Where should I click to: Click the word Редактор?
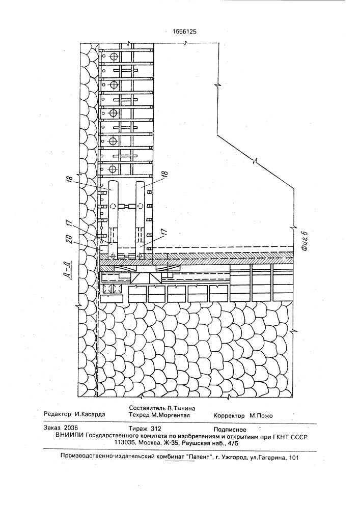click(x=58, y=414)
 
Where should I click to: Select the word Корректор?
click(x=229, y=415)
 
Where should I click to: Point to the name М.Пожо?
click(x=261, y=415)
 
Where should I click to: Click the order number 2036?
click(x=71, y=428)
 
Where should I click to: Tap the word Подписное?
click(x=230, y=430)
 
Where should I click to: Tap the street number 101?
click(x=293, y=458)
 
